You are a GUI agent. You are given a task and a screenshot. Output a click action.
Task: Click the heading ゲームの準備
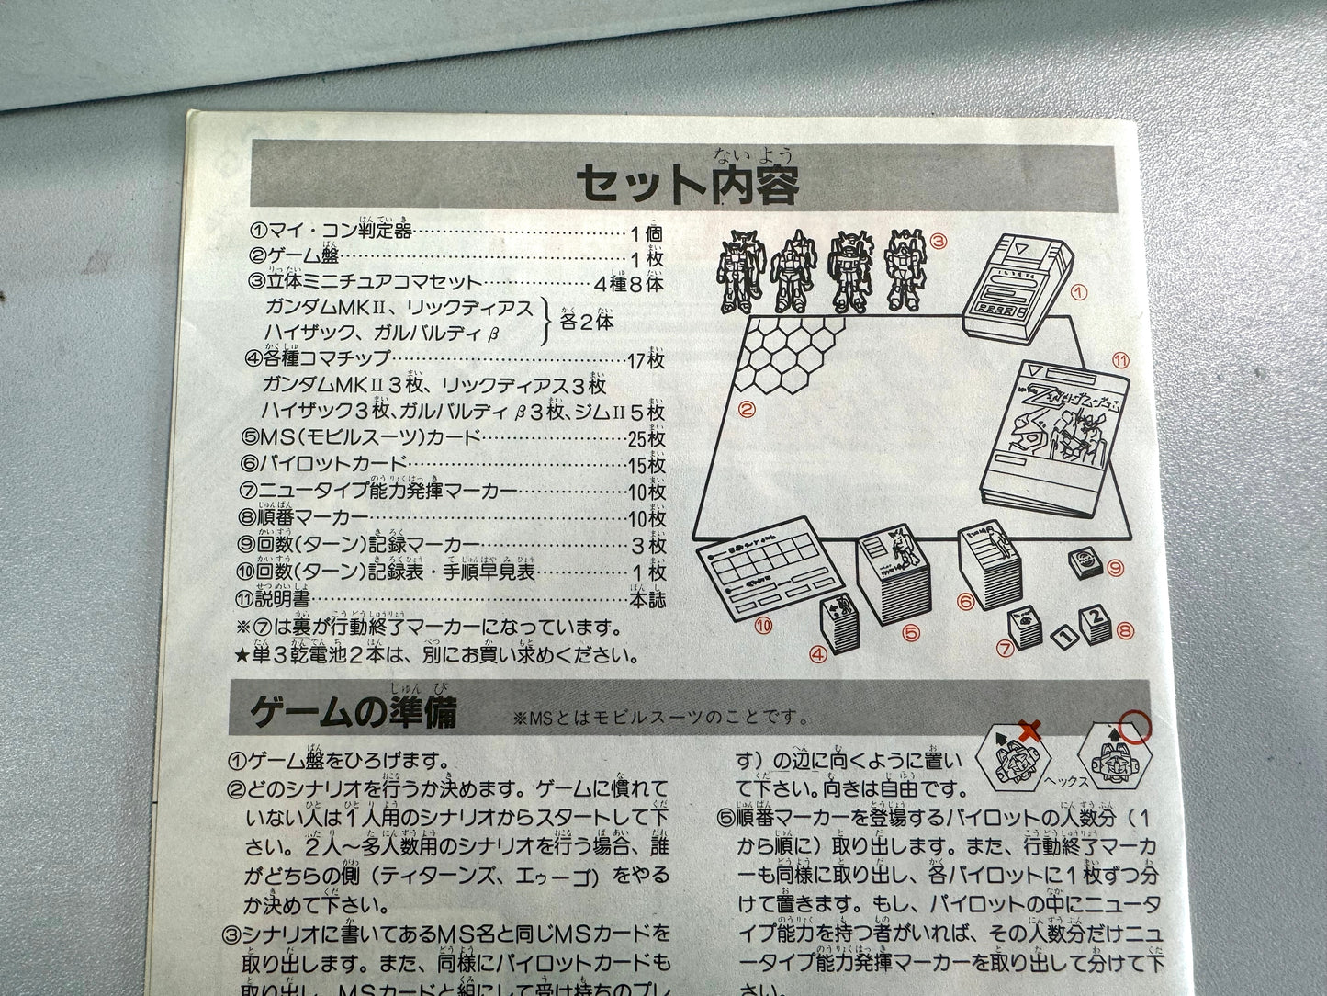354,713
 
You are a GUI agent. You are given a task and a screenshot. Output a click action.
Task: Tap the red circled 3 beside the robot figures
938,242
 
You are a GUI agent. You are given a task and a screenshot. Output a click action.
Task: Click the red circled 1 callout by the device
1079,292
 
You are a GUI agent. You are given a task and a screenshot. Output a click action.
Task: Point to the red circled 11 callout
1119,359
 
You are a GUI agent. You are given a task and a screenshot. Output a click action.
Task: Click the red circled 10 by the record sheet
761,626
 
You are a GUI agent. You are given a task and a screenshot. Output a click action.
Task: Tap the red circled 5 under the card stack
910,632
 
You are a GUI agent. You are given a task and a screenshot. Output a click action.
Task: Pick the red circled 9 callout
1116,569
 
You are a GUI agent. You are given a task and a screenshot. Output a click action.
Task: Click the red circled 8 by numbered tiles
1128,631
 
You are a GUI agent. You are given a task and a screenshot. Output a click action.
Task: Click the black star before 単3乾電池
242,657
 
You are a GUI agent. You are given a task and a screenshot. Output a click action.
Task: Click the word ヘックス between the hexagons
1066,781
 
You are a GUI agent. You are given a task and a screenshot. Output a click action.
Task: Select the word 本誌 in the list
647,600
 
